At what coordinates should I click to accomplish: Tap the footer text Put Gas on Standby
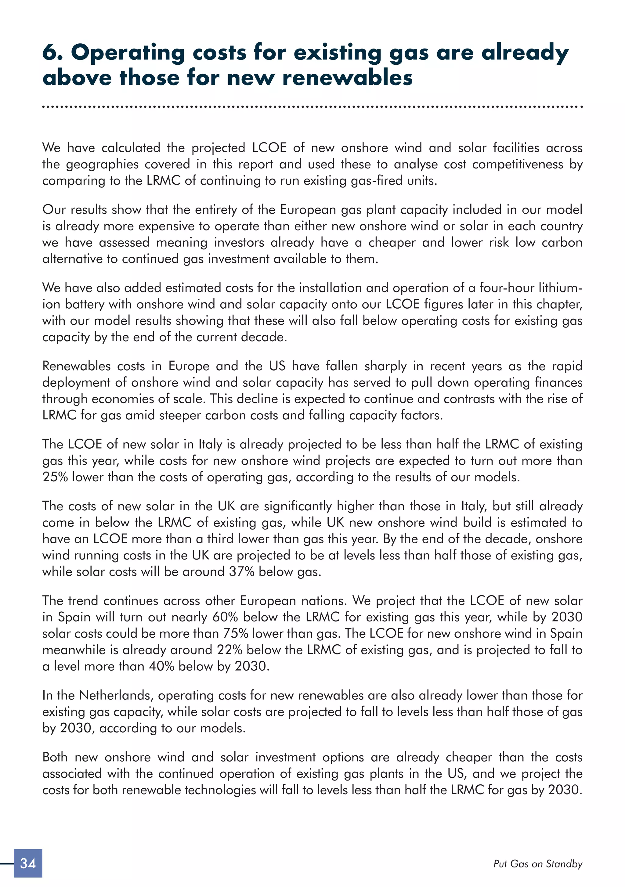click(537, 863)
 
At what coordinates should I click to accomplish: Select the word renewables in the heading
click(347, 77)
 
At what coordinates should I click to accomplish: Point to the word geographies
click(102, 164)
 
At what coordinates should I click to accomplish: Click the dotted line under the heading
click(312, 107)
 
